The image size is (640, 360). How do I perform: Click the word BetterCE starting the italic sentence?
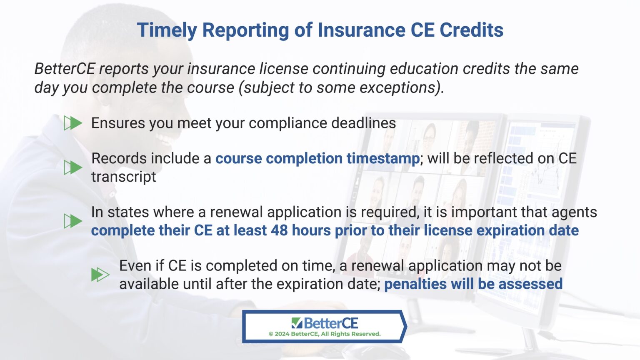pyautogui.click(x=65, y=69)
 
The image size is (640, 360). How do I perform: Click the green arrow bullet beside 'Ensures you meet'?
pyautogui.click(x=73, y=123)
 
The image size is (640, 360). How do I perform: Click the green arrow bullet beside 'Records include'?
pyautogui.click(x=73, y=167)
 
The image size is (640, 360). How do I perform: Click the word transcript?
pyautogui.click(x=124, y=177)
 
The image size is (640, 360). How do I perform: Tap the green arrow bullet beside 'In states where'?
pyautogui.click(x=73, y=221)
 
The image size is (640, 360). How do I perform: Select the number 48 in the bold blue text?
pyautogui.click(x=279, y=230)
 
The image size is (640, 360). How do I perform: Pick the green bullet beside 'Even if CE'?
pyautogui.click(x=100, y=275)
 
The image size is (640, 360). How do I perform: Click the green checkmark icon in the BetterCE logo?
pyautogui.click(x=297, y=323)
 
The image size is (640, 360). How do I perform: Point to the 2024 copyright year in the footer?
pyautogui.click(x=282, y=334)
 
